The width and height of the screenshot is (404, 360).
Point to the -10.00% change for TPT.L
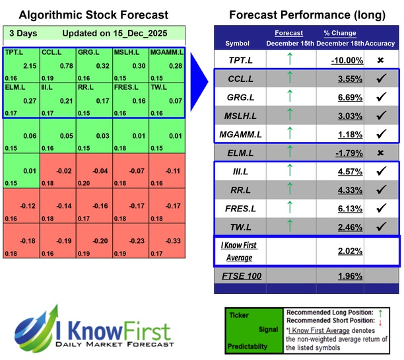click(346, 59)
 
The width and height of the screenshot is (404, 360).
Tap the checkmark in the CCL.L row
click(380, 79)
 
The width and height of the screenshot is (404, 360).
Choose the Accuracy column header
click(380, 43)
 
